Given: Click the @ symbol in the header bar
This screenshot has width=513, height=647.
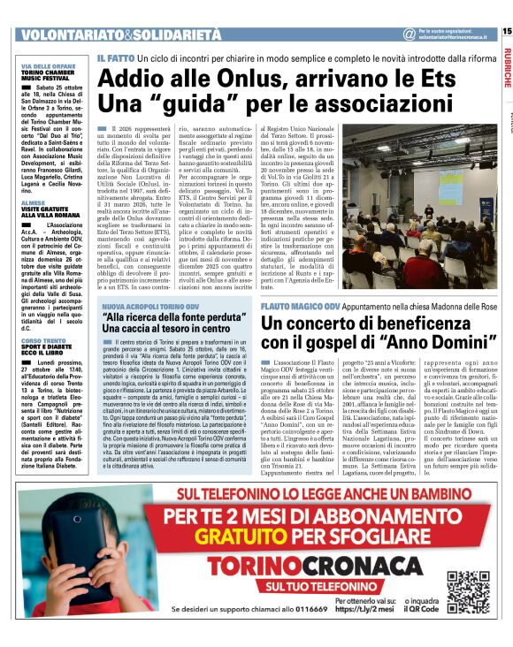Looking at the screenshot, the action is coord(409,34).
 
